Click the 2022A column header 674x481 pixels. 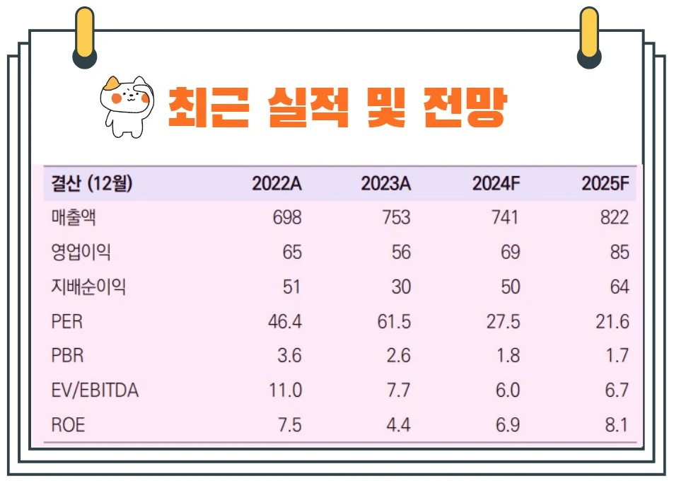(x=277, y=184)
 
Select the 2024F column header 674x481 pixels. (x=496, y=184)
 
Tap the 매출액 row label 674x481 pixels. (x=74, y=218)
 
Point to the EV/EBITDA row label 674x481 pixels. (x=95, y=390)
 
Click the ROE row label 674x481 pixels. (x=69, y=424)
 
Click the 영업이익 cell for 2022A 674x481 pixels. (x=290, y=253)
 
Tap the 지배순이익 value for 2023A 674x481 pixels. (x=400, y=287)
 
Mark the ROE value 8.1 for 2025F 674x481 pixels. (x=615, y=424)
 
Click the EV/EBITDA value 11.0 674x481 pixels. (x=284, y=390)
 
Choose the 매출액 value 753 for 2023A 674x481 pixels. (x=395, y=218)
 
